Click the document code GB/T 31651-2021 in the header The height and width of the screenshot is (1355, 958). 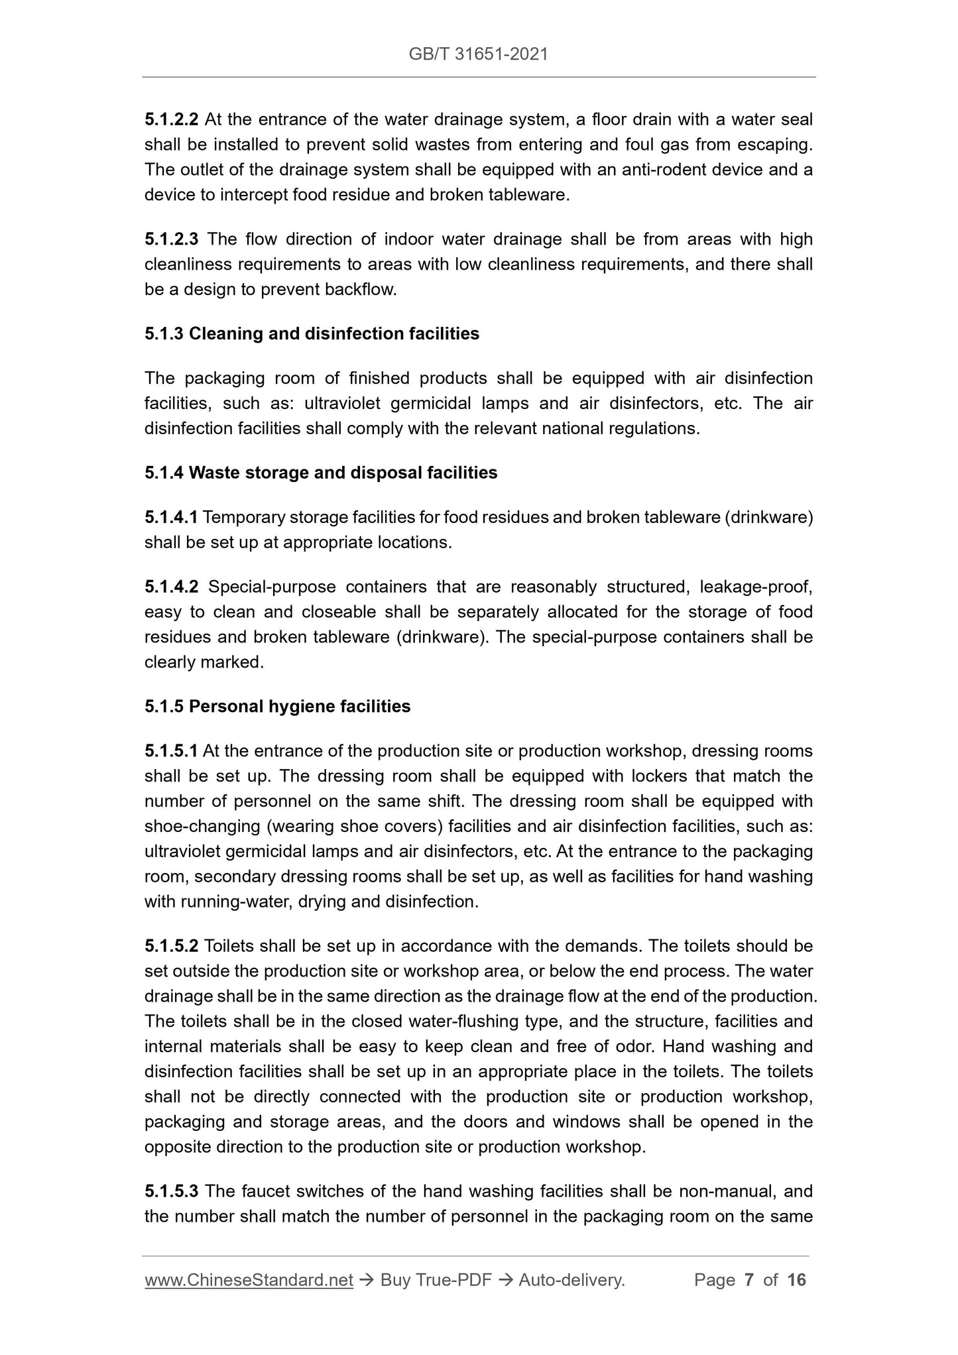click(x=478, y=54)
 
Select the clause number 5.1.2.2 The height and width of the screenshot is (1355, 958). click(x=171, y=120)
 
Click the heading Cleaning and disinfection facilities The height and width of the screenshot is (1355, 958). click(x=333, y=333)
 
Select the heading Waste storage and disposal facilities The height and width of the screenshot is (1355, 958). click(x=343, y=473)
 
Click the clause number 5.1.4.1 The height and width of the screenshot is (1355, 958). click(x=171, y=517)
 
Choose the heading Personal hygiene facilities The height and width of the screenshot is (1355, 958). click(x=299, y=707)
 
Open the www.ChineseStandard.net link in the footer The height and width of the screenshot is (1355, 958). click(x=249, y=1280)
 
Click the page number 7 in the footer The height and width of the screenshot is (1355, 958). click(x=749, y=1280)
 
